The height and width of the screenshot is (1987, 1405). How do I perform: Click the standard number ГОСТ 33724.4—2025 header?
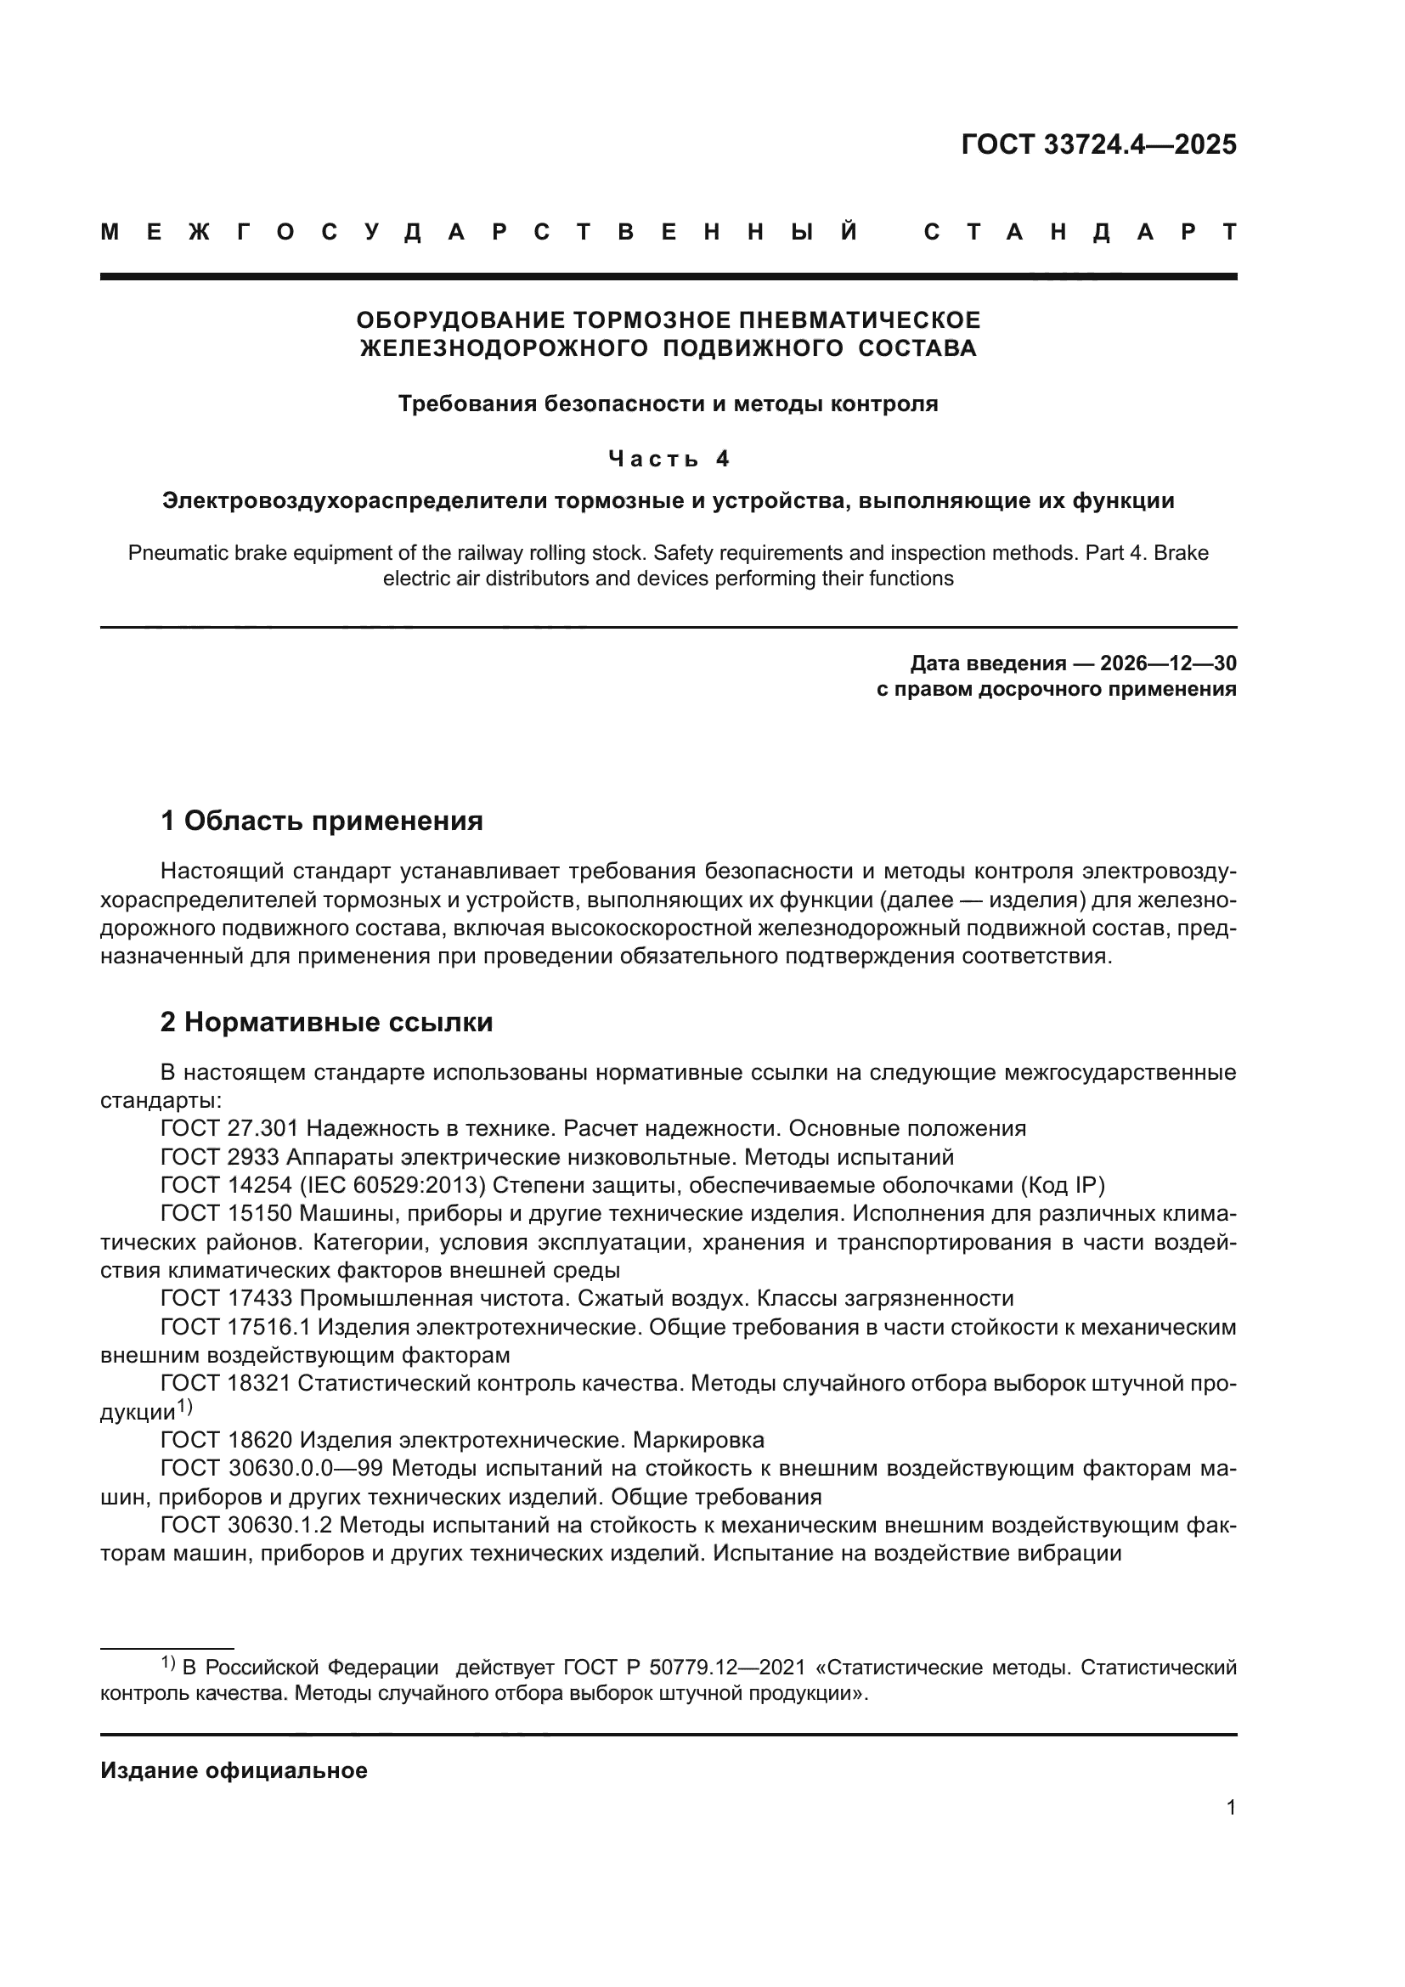pyautogui.click(x=1097, y=144)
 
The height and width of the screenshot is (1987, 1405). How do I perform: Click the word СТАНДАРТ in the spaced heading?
pyautogui.click(x=1080, y=232)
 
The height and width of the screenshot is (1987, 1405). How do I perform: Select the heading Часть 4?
pyautogui.click(x=668, y=458)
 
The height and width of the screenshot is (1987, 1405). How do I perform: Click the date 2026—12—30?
pyautogui.click(x=1168, y=663)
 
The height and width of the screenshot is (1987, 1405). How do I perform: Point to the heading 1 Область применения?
pyautogui.click(x=321, y=820)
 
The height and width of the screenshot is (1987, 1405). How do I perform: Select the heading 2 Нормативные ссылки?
pyautogui.click(x=326, y=1022)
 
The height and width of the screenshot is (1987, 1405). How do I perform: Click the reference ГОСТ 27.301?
pyautogui.click(x=229, y=1128)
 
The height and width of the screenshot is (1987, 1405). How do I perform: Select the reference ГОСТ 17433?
pyautogui.click(x=229, y=1298)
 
